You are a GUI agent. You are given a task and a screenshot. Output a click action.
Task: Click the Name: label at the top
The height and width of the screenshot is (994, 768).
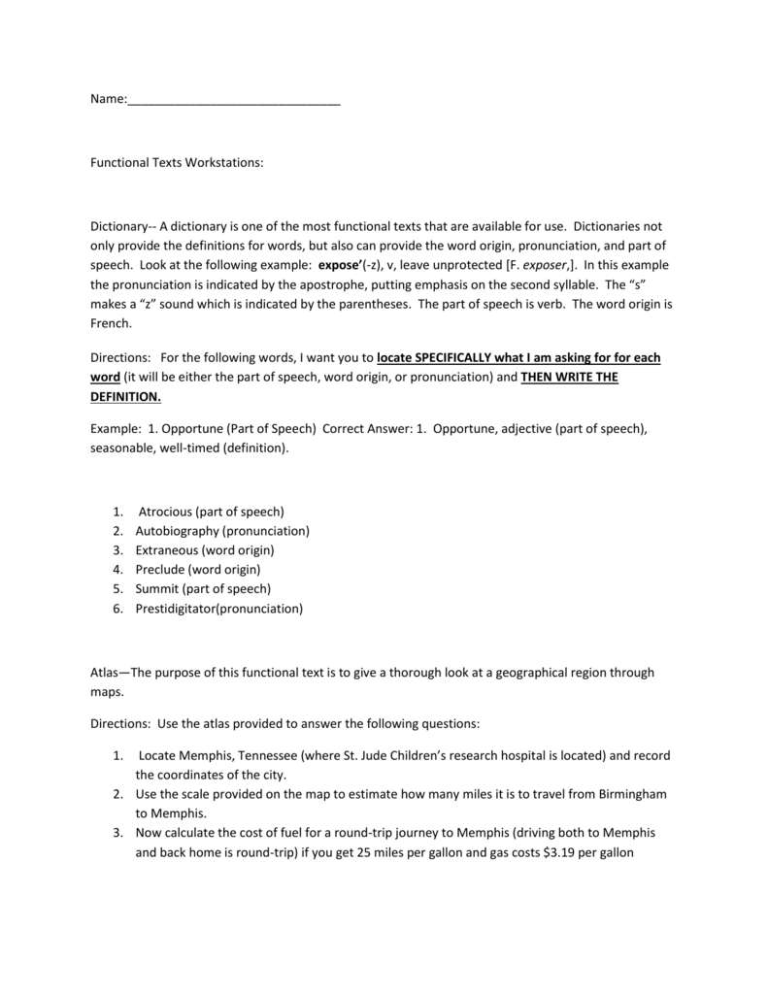(108, 100)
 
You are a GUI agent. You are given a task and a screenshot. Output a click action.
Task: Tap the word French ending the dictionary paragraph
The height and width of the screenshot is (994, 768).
(111, 323)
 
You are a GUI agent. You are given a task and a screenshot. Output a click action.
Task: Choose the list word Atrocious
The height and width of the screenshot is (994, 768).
(165, 512)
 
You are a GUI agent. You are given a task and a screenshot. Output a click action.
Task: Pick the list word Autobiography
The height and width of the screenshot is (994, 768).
(178, 531)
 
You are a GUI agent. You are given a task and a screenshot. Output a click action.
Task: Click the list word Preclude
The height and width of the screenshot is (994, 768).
(160, 570)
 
